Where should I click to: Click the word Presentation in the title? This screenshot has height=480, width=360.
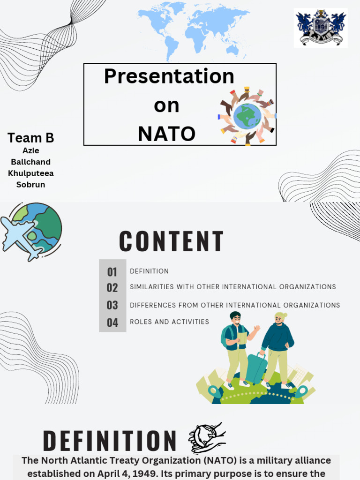pos(169,76)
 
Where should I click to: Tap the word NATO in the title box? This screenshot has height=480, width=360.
pos(166,134)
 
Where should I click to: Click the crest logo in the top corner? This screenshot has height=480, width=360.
pos(321,28)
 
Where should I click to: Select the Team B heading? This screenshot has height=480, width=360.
pos(31,138)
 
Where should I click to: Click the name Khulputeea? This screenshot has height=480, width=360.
pos(31,173)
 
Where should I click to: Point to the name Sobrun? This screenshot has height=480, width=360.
pos(31,185)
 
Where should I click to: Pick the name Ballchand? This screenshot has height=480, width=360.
pos(31,162)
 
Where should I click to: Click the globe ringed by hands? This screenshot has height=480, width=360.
pos(247,115)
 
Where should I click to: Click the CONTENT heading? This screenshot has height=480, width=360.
pos(172,242)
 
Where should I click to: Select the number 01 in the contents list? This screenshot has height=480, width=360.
pos(112,272)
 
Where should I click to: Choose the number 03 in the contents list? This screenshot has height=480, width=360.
pos(112,305)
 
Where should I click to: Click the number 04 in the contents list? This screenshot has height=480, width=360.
pos(112,322)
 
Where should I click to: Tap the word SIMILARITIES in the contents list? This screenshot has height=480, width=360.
pos(151,287)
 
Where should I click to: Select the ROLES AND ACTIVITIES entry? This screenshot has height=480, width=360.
pos(169,322)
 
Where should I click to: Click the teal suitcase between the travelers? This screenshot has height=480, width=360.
pos(256,368)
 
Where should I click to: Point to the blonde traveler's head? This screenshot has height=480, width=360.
pos(280,319)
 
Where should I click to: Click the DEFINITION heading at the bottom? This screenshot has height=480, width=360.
pos(110,442)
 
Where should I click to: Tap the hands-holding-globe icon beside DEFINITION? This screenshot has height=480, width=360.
pos(207,437)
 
